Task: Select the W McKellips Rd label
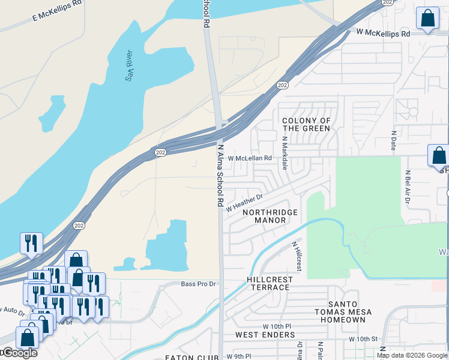click(x=382, y=33)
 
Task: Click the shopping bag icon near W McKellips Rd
click(x=427, y=19)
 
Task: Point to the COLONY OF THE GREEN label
click(x=306, y=124)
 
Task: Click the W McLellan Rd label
click(x=250, y=158)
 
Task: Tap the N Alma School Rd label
click(x=220, y=175)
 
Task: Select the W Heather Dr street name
click(x=244, y=201)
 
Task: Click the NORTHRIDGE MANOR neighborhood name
click(x=270, y=216)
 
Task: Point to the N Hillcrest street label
click(x=297, y=256)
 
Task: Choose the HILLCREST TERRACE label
click(x=270, y=283)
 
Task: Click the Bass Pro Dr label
click(x=198, y=283)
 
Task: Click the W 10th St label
click(x=363, y=339)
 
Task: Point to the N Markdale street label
click(x=285, y=154)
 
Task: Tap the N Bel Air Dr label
click(x=406, y=190)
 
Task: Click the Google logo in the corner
click(x=19, y=353)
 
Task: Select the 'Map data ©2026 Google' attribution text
click(x=412, y=355)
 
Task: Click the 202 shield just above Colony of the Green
click(x=282, y=86)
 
